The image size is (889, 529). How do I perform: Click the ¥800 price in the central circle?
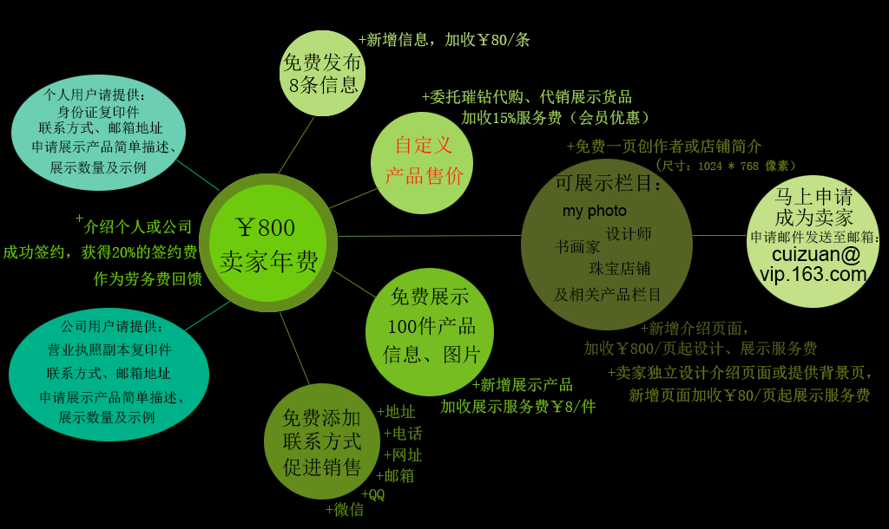pos(266,228)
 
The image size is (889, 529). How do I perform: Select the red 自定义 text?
pos(424,145)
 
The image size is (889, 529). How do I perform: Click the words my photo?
pos(594,211)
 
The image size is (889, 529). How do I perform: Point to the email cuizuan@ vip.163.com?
pos(813,264)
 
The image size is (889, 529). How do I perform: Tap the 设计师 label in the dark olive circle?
pos(629,234)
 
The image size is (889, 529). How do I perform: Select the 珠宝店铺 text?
pos(619,268)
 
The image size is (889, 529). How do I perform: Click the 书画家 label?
pos(577,247)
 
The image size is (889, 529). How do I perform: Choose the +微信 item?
pos(345,510)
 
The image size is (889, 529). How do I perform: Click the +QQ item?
pos(372,494)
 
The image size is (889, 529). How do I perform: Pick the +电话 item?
pos(403,433)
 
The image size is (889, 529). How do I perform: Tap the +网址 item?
pos(403,454)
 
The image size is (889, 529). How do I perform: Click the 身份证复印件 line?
pos(97,112)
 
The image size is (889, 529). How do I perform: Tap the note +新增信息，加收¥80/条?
pos(444,39)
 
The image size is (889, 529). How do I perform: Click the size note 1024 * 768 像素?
pos(725,166)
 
